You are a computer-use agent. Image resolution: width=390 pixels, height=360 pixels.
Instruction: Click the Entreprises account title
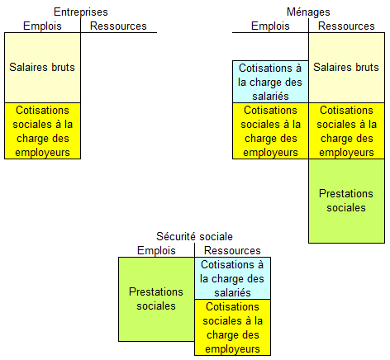81,12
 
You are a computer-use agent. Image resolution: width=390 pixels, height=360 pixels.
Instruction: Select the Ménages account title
308,12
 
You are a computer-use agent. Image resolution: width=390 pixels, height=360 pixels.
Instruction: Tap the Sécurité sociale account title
194,236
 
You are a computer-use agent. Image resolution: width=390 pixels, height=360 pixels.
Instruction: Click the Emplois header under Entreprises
42,26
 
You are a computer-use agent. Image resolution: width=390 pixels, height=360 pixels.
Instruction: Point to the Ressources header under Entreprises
118,26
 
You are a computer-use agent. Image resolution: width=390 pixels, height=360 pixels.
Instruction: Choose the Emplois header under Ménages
270,26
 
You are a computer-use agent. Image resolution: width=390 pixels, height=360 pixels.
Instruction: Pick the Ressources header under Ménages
346,26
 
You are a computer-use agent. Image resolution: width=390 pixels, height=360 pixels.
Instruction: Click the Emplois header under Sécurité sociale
156,251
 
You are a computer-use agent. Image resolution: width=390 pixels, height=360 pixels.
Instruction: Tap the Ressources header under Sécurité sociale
232,251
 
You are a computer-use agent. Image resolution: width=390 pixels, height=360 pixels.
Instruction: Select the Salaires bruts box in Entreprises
42,68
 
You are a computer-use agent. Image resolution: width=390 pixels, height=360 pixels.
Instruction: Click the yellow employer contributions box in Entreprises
42,131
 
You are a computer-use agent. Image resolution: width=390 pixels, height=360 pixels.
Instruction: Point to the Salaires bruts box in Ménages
346,68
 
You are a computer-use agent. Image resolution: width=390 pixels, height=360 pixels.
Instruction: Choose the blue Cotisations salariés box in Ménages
270,82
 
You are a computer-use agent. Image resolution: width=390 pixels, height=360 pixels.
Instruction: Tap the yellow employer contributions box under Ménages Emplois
270,131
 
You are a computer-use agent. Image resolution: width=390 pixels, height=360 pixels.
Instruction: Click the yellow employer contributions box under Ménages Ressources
346,131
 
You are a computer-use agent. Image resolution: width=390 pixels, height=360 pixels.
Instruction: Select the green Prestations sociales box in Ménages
346,201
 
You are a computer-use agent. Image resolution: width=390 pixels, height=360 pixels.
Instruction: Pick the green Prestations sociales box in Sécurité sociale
156,299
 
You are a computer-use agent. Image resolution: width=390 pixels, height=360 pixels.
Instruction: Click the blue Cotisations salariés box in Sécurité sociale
232,278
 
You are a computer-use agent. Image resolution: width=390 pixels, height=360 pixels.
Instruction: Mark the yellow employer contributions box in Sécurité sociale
232,327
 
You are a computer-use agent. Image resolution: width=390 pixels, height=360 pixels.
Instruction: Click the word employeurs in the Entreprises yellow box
42,153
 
